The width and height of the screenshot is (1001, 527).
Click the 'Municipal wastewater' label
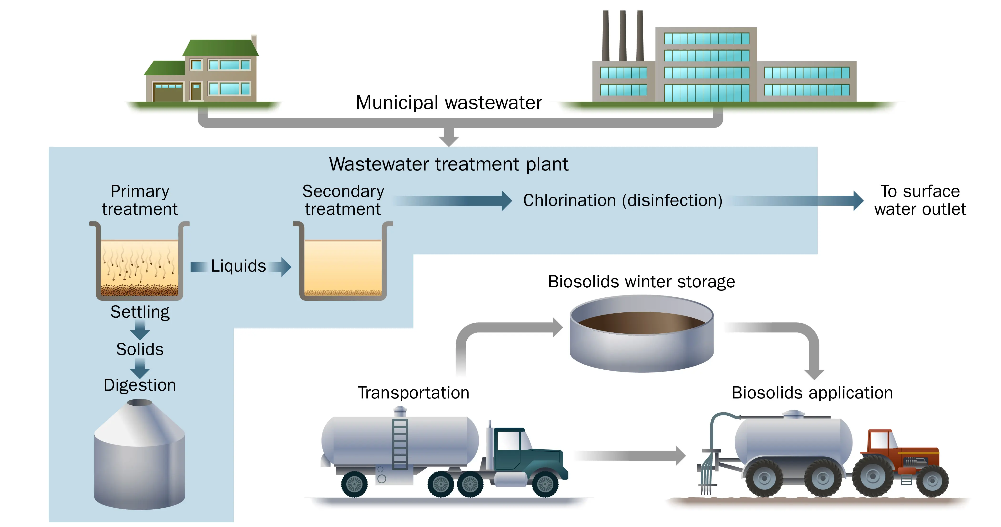(x=449, y=103)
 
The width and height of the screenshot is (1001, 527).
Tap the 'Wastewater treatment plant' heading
(x=449, y=164)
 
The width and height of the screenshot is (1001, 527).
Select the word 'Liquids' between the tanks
(x=238, y=266)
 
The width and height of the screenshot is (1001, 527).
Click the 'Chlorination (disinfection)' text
(x=623, y=200)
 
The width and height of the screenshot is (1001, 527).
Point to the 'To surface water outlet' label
(x=920, y=200)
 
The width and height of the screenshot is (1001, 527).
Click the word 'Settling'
(x=140, y=312)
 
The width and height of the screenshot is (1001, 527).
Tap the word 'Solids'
(x=140, y=349)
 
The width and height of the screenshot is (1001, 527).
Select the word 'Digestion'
(x=140, y=385)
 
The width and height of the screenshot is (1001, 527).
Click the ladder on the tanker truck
(x=400, y=443)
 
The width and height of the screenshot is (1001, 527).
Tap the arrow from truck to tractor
(x=629, y=456)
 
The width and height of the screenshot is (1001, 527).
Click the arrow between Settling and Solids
(x=140, y=331)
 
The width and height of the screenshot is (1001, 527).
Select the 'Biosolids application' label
(x=812, y=393)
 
